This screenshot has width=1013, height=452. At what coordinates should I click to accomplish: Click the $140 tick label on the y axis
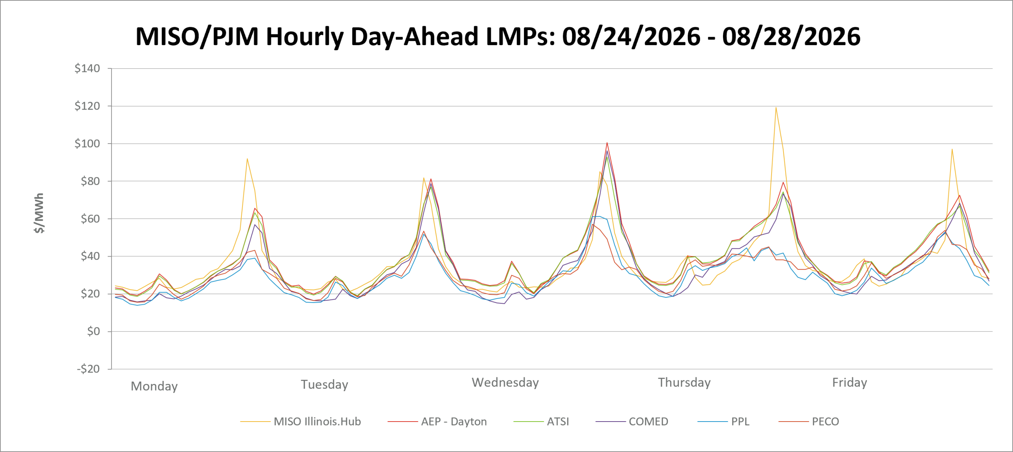pos(87,68)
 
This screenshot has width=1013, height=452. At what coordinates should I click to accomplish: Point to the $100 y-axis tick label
pos(87,144)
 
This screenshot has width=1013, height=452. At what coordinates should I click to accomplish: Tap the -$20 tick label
pos(88,369)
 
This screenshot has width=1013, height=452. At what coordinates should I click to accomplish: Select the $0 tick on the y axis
pos(93,331)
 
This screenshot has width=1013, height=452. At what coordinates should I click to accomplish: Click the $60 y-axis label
pos(90,219)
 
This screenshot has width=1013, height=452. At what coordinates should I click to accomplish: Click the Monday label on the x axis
pos(154,386)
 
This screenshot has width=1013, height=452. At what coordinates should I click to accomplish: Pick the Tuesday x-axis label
pos(324,384)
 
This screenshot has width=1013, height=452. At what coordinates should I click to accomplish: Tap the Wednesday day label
pos(505,382)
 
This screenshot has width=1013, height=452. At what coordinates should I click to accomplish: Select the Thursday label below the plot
pos(684,382)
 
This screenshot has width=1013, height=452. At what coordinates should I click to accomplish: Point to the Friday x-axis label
pos(850,382)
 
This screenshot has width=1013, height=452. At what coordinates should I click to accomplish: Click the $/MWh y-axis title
pos(39,213)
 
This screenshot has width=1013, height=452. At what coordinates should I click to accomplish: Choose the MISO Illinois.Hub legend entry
pos(301,422)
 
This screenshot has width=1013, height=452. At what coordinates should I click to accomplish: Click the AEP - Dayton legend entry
pos(437,422)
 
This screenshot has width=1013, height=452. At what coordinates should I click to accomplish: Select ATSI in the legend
pos(541,422)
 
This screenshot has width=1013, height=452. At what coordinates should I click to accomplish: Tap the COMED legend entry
pos(632,422)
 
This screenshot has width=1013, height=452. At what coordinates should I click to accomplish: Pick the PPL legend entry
pos(724,422)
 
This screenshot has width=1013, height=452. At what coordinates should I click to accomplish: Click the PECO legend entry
pos(809,422)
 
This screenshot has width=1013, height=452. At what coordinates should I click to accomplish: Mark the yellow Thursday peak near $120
pos(776,108)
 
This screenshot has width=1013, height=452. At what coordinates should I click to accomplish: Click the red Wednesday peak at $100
pos(607,143)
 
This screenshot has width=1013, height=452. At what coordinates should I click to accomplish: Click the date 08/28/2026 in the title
pos(791,36)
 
